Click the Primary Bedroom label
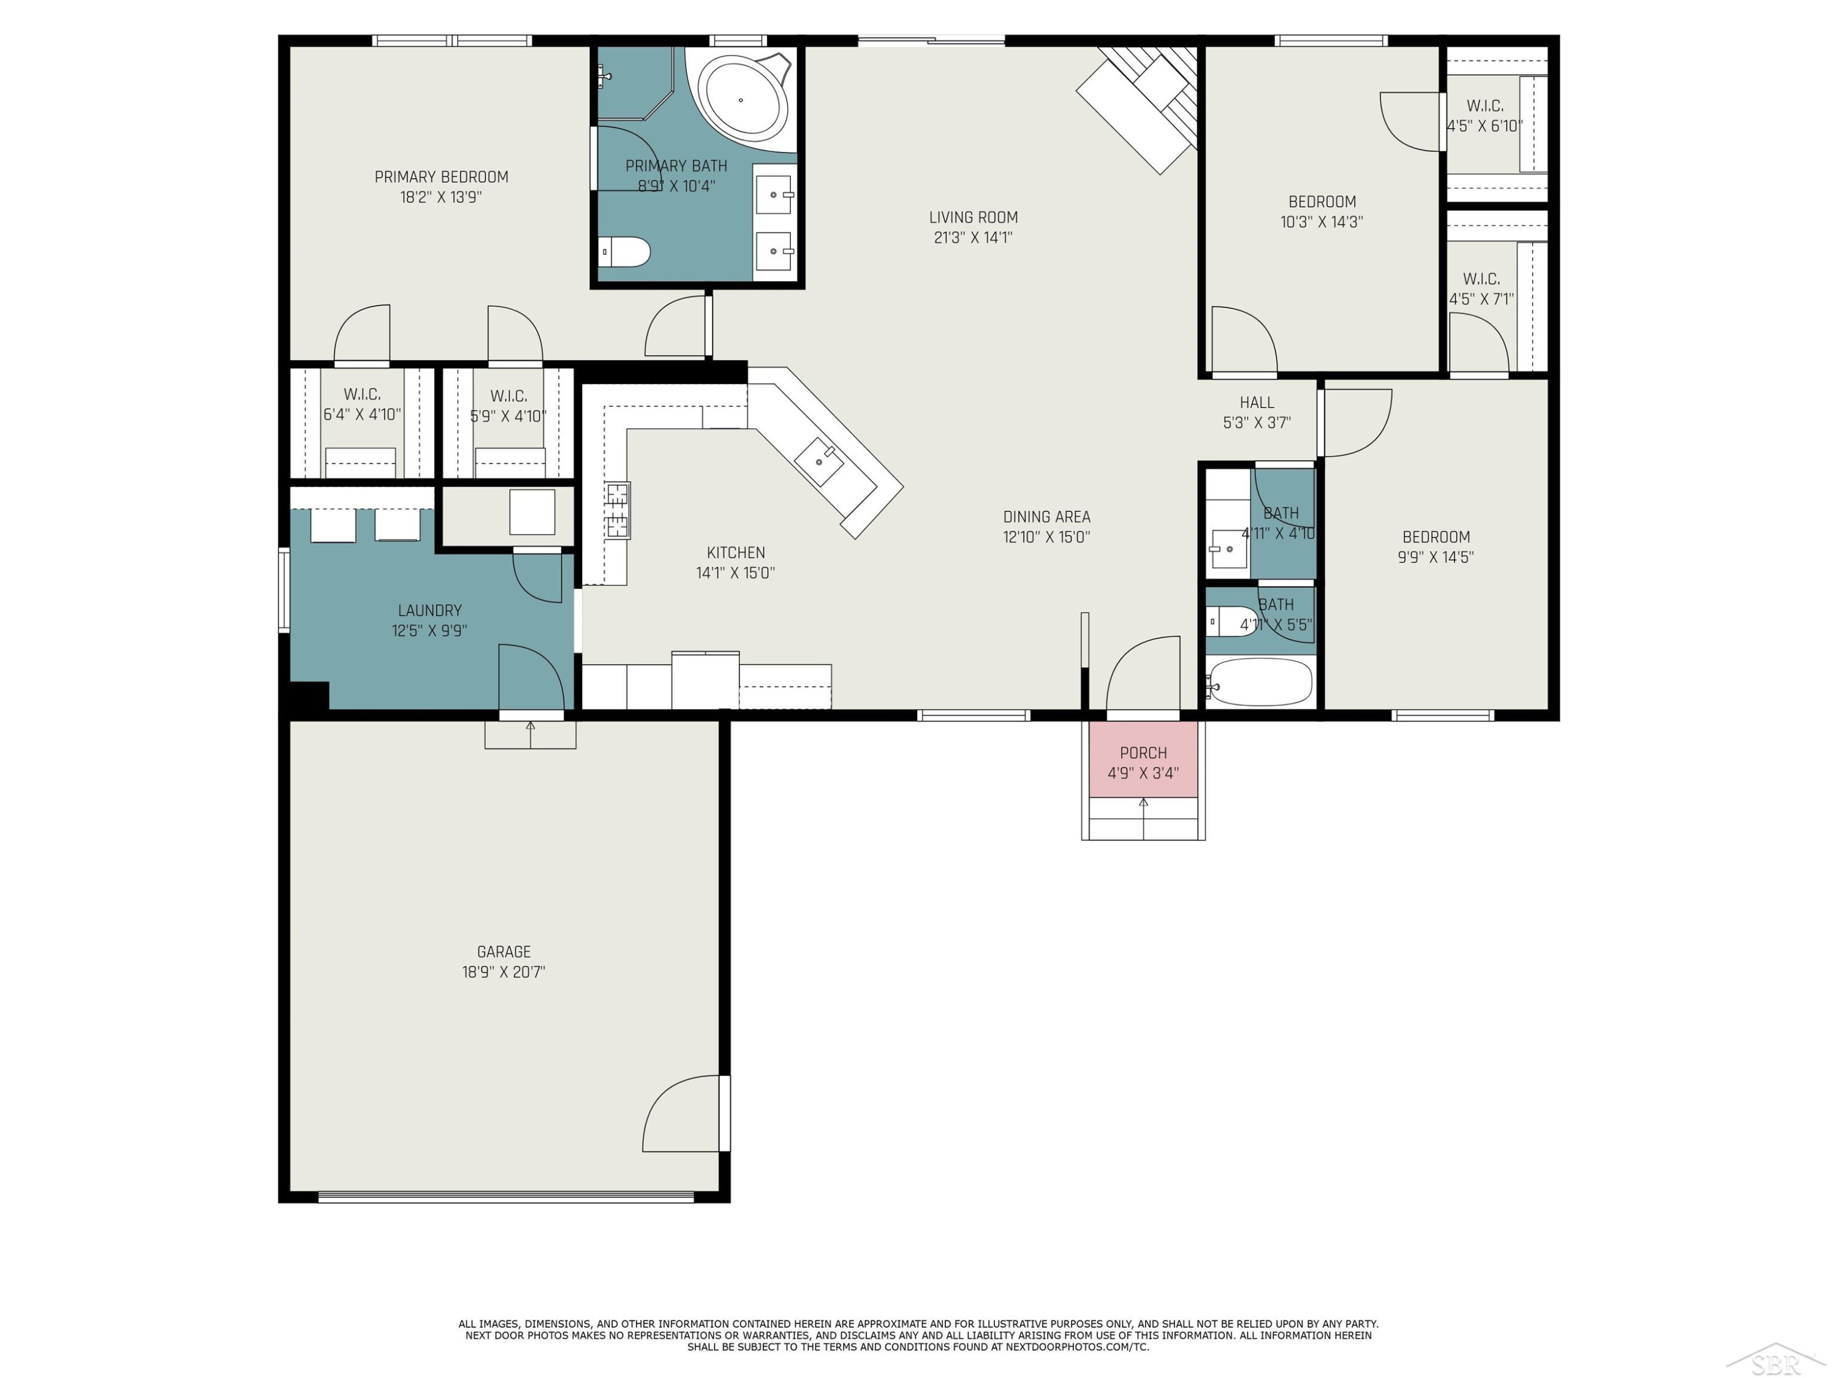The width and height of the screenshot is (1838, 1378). (x=441, y=177)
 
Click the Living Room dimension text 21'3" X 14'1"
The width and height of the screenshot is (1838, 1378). (x=973, y=238)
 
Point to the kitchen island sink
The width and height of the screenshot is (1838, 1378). (x=819, y=462)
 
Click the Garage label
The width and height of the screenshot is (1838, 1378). (x=504, y=952)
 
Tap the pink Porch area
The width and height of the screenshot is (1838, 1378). (x=1143, y=759)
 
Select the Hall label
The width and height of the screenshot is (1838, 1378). (x=1257, y=403)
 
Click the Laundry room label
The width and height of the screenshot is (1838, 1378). (x=429, y=611)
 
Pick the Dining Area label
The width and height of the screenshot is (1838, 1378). (x=1046, y=517)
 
